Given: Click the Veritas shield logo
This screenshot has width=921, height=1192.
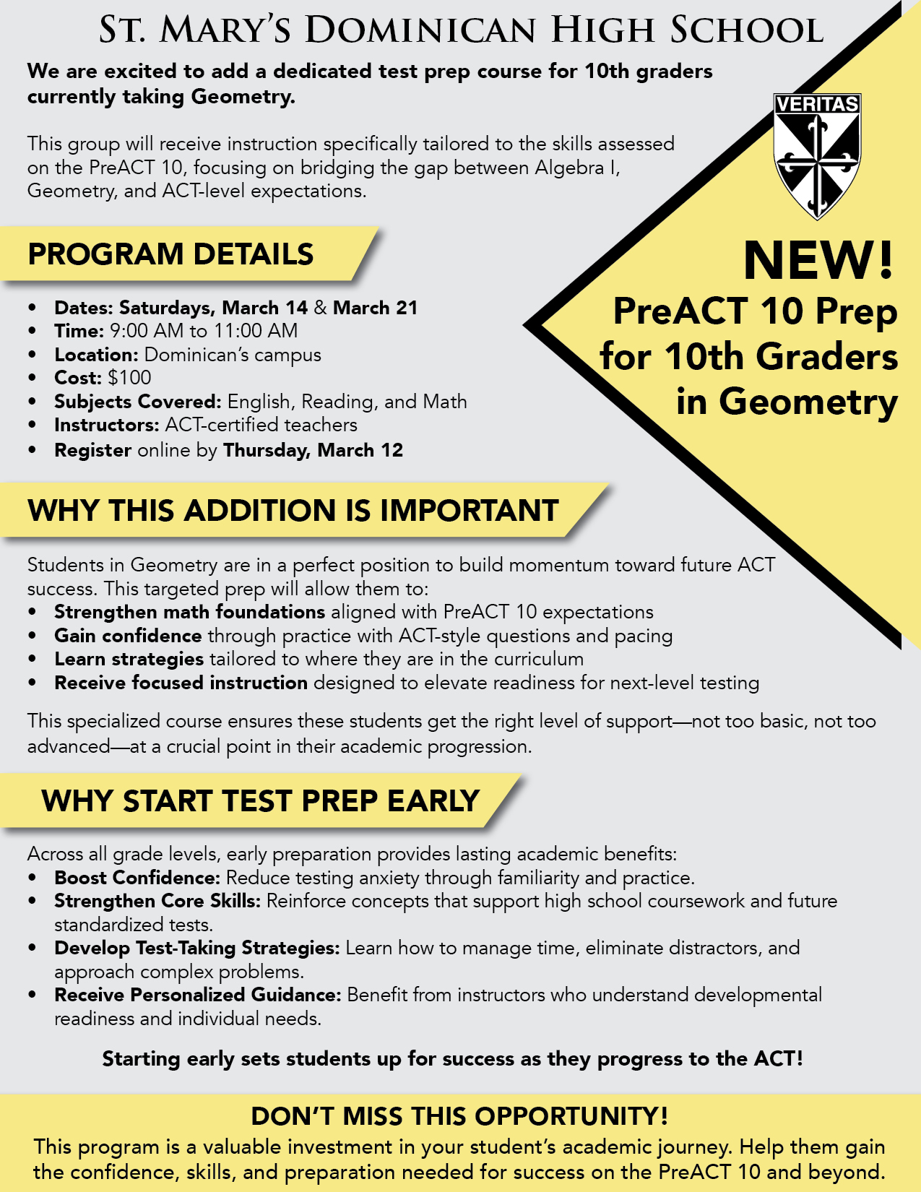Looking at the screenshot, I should pos(817,155).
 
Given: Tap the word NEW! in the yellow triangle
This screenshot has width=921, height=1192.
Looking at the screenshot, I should pos(818,261).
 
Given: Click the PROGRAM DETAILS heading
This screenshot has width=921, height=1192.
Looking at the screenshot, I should pos(170,254).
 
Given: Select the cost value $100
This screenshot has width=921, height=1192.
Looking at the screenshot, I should pos(129,378).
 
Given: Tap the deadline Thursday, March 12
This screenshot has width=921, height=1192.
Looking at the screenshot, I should pos(313,450).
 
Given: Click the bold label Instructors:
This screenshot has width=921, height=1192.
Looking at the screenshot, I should pos(106,425).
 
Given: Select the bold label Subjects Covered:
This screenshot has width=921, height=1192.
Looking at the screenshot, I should pos(137,402).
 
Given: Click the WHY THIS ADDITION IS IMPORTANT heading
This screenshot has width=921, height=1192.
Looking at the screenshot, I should pos(293,511).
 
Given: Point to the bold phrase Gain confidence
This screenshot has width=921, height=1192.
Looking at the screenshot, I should pos(128,636).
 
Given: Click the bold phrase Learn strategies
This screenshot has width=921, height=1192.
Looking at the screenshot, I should pos(129,659).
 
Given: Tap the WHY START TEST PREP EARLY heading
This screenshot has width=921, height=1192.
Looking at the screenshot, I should pos(260,801).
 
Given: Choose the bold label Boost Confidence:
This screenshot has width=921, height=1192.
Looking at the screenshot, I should pos(137,878).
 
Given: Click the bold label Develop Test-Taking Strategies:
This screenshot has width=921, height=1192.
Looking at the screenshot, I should pos(196,948).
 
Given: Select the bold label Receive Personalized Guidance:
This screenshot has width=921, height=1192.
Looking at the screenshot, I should pos(197,995).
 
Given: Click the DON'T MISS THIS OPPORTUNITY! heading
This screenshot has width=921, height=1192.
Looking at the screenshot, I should pos(459,1116).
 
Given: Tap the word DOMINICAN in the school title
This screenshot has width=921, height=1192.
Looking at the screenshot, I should pos(420,30).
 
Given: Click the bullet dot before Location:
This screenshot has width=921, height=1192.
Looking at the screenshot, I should pos(33,355).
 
